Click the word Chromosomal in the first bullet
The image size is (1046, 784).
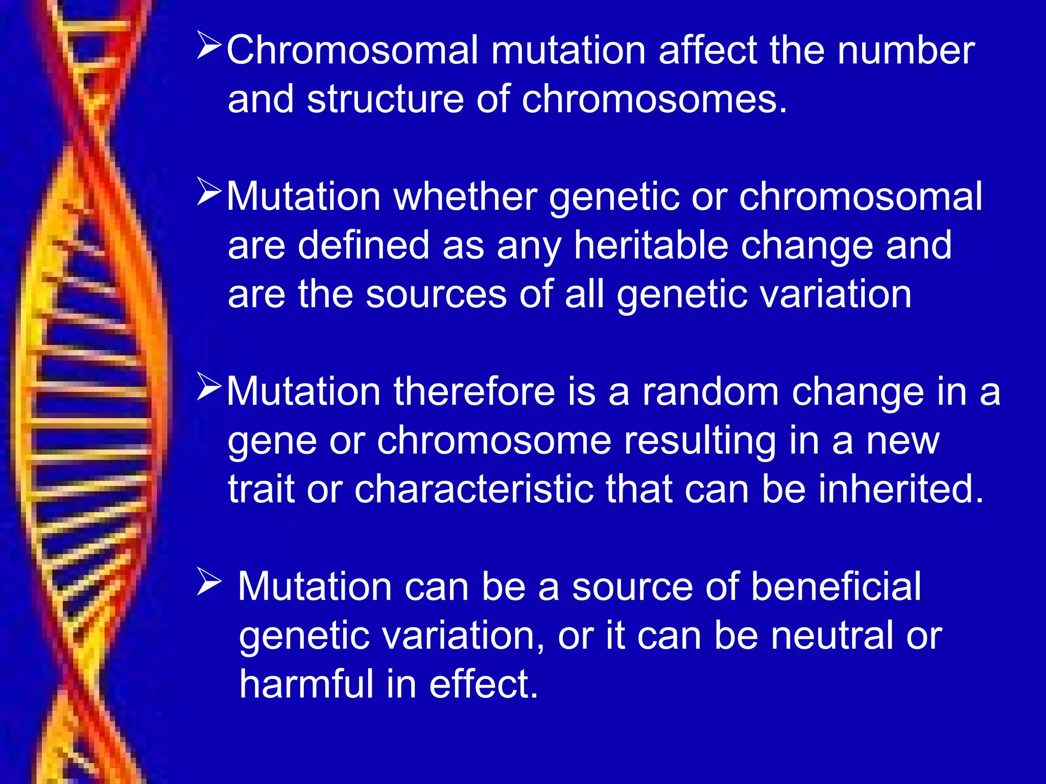tap(352, 51)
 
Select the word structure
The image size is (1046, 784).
tap(386, 100)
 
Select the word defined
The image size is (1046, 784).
tap(364, 246)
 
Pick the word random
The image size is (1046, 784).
tap(710, 392)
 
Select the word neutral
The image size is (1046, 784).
tap(833, 636)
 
